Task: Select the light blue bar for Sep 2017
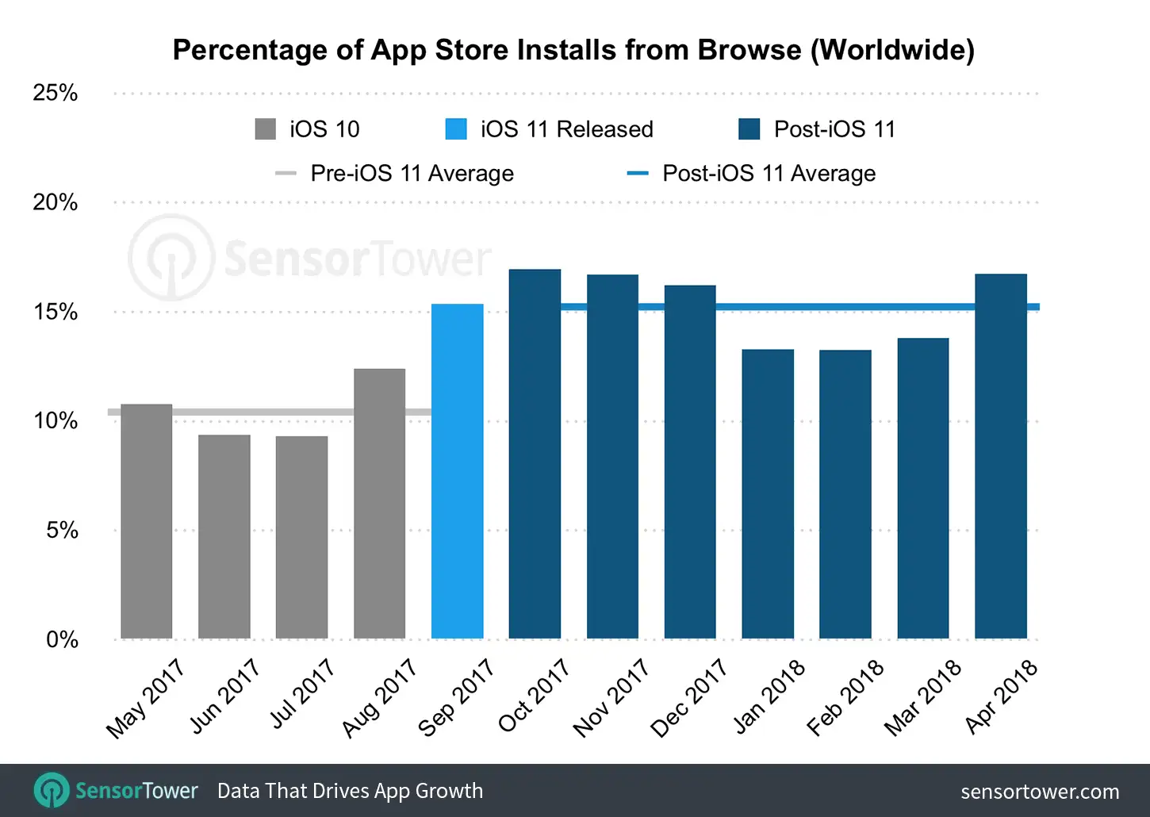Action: (457, 472)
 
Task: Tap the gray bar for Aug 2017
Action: (379, 504)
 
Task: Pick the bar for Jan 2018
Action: (768, 494)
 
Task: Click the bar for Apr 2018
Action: (1000, 457)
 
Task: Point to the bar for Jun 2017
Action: (224, 537)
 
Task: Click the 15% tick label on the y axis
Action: (56, 312)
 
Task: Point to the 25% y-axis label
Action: (56, 94)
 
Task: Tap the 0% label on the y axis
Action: (62, 639)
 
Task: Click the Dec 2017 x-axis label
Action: (689, 698)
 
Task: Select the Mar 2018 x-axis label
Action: (922, 698)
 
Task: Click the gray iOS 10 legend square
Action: (265, 129)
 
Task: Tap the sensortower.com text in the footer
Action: (1039, 792)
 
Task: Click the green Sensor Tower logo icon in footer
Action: (52, 791)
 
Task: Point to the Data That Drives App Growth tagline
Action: (350, 791)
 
